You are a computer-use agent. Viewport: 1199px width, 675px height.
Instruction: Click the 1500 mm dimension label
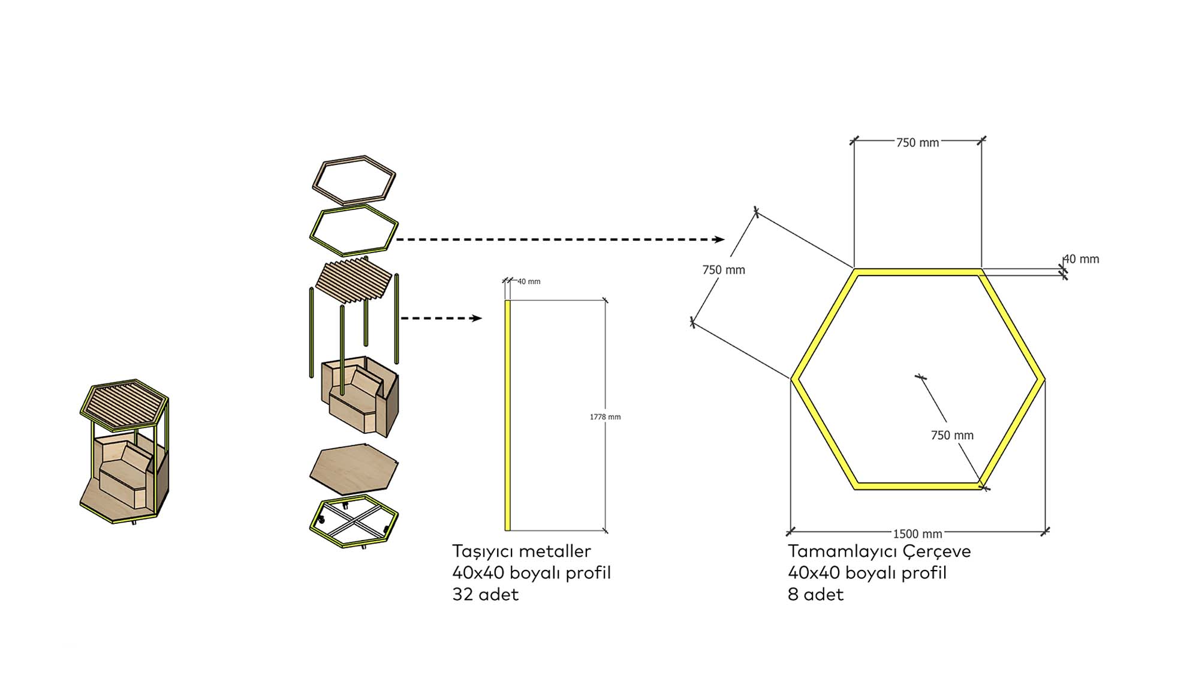pos(917,533)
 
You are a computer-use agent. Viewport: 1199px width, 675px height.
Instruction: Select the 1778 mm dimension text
pos(605,417)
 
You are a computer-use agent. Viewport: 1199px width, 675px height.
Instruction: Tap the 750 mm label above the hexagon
pos(917,143)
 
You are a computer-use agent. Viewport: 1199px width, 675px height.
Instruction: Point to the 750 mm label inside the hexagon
pos(952,436)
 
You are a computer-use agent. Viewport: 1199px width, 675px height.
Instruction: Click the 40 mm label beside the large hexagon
pos(1081,259)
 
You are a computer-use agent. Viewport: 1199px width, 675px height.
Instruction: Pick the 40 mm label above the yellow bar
pos(529,281)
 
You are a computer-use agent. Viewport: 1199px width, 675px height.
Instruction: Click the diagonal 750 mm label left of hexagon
pos(724,270)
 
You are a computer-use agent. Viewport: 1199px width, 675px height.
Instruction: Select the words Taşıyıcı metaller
pos(521,551)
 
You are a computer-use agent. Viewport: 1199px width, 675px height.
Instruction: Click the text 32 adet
pos(485,594)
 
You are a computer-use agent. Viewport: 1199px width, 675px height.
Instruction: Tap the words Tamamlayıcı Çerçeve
pos(879,551)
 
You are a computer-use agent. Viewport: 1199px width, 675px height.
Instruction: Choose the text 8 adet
pos(815,594)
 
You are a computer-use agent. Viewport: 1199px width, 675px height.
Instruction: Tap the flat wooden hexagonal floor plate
pos(354,469)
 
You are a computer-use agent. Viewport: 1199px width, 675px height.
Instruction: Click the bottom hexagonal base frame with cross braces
pos(354,521)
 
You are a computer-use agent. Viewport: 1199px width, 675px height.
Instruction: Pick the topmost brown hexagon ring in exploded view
pos(354,180)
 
